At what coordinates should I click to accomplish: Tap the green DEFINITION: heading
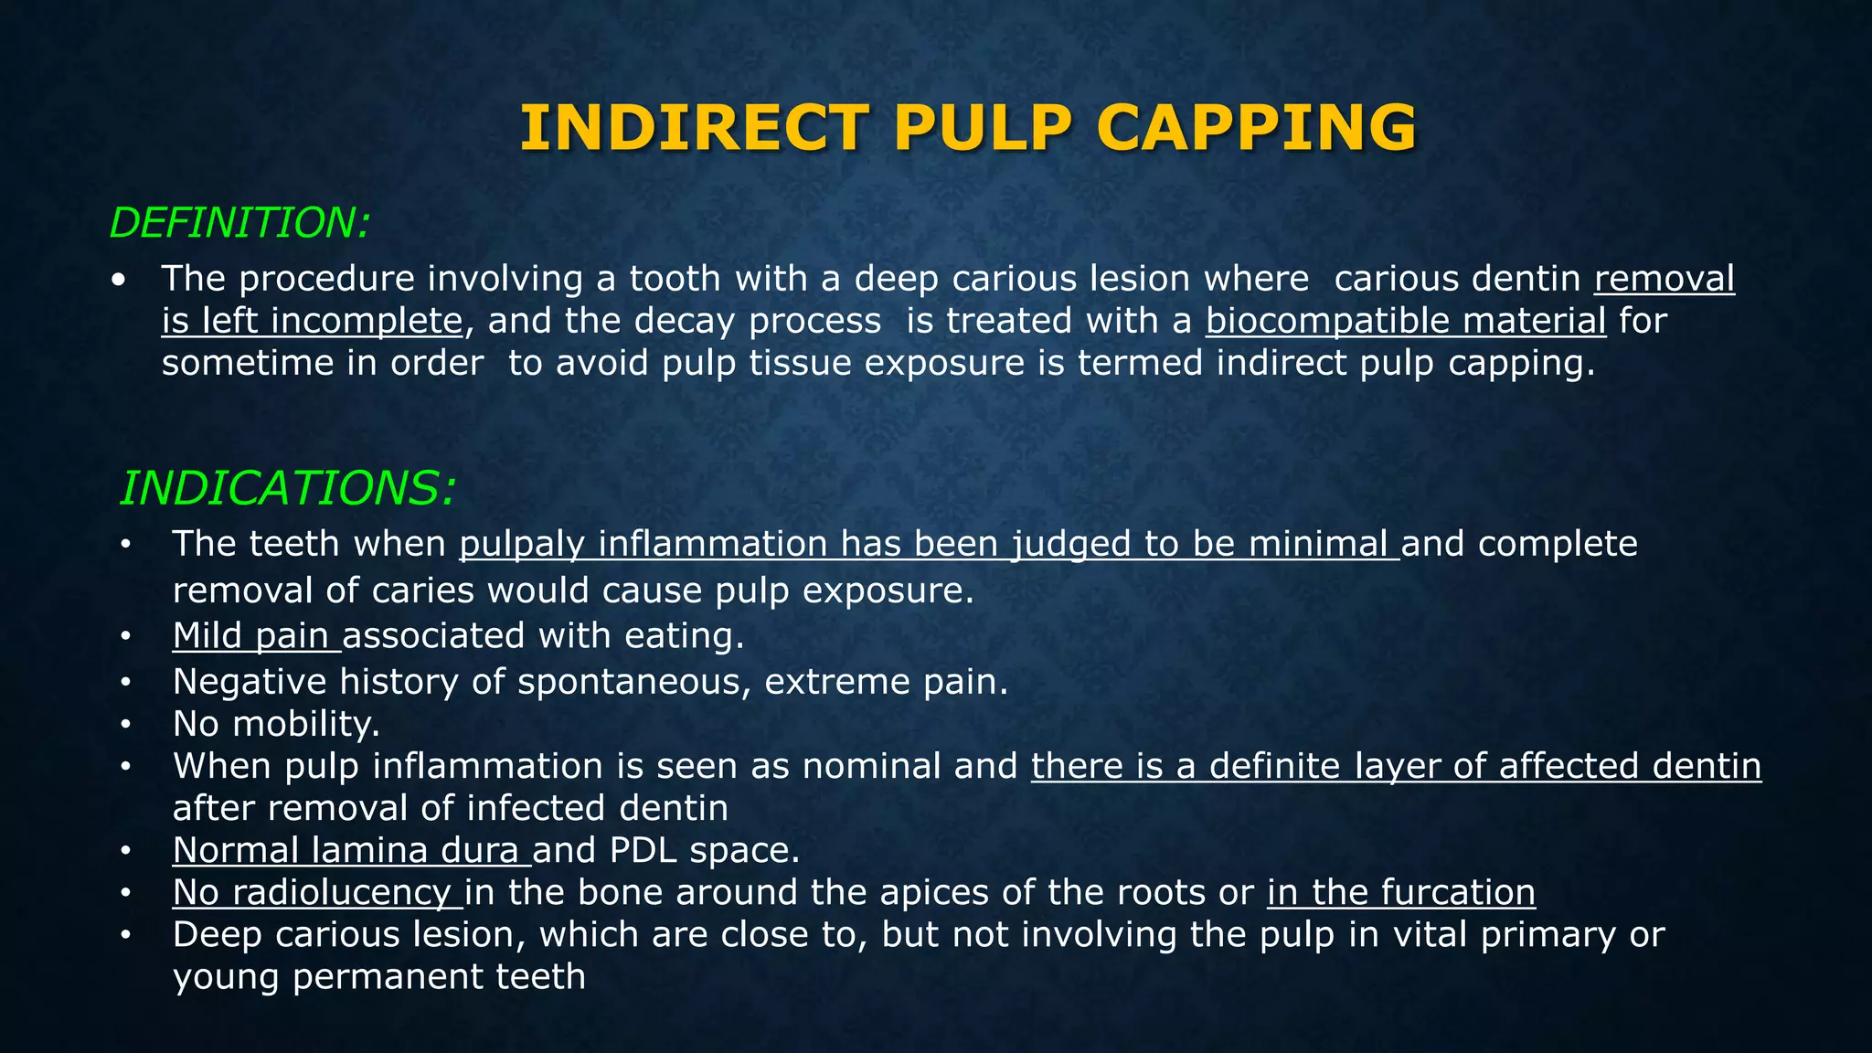point(239,223)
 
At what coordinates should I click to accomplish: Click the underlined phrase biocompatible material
point(1405,321)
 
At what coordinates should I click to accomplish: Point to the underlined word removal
point(1664,279)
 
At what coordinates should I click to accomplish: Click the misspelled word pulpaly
point(521,544)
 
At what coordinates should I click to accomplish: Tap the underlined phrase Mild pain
point(256,635)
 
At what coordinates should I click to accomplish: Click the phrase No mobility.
point(276,724)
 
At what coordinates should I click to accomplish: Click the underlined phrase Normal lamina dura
point(351,850)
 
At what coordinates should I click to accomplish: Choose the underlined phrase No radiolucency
point(317,892)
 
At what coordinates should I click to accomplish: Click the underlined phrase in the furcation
point(1400,892)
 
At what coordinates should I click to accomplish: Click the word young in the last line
point(225,977)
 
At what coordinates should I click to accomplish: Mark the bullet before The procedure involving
point(119,280)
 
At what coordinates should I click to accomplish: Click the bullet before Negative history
point(125,683)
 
